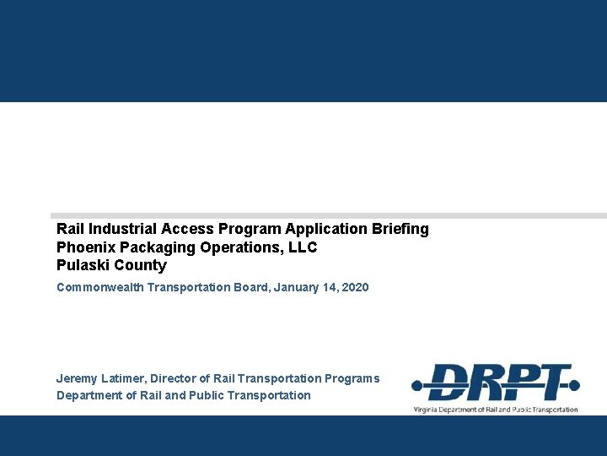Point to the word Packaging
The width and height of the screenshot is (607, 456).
click(x=149, y=247)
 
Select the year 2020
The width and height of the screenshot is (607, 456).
click(x=355, y=288)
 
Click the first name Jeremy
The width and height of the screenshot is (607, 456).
click(x=78, y=379)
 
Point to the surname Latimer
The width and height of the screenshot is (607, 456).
click(x=122, y=379)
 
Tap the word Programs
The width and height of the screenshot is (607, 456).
click(x=353, y=379)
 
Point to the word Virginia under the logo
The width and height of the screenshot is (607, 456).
click(x=427, y=410)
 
